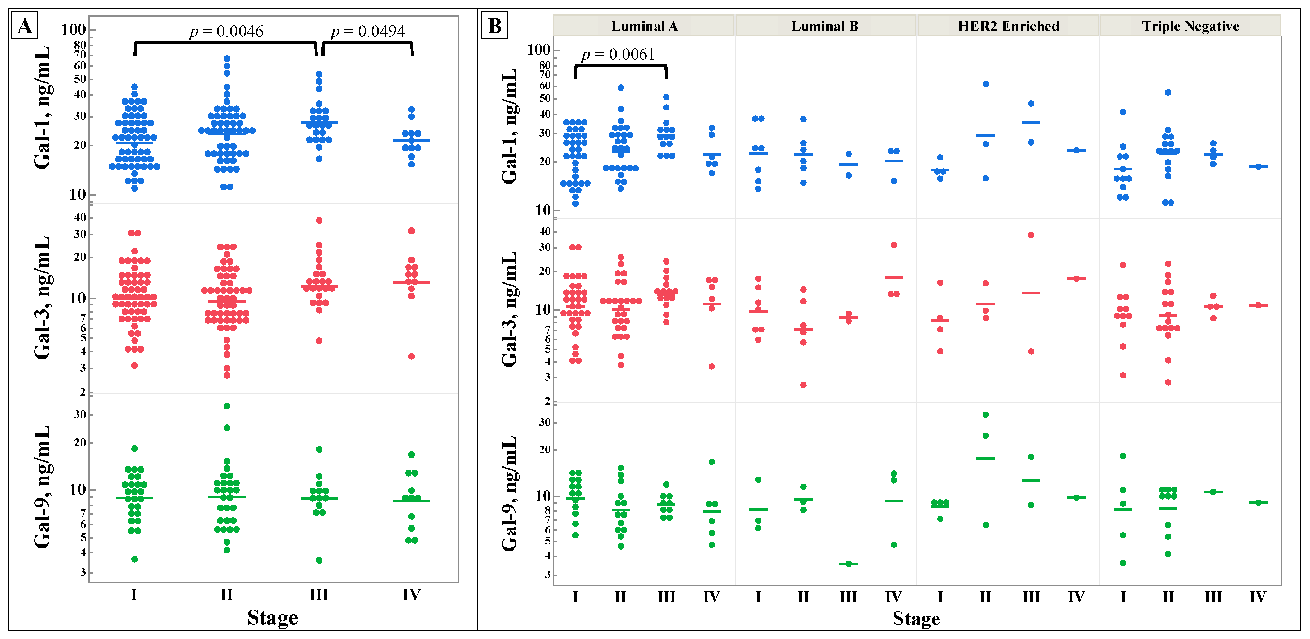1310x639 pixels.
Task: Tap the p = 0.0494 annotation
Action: (x=368, y=32)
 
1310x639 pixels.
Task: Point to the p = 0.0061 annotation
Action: (x=618, y=54)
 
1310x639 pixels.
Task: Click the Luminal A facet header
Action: (x=644, y=26)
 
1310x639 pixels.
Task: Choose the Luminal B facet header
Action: (x=824, y=26)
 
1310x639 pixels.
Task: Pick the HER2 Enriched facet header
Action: (x=1008, y=26)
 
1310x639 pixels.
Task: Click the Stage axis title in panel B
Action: (x=916, y=619)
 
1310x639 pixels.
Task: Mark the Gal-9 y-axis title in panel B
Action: (x=509, y=493)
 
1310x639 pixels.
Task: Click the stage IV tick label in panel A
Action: (x=411, y=595)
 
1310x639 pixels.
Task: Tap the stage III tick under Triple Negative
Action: (x=1213, y=597)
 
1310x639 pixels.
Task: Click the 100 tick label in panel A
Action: (x=73, y=29)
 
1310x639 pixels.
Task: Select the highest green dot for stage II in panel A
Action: (x=227, y=406)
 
